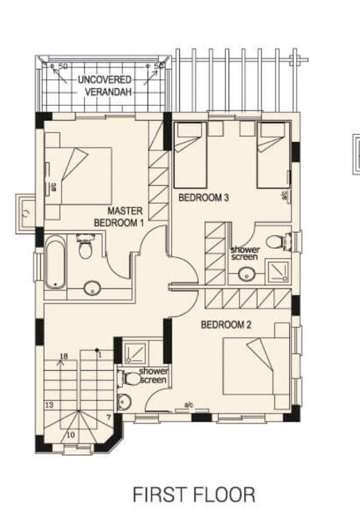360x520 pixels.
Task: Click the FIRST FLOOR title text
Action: point(194,494)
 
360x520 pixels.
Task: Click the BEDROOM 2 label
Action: point(226,325)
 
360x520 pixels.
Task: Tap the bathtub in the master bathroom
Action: point(55,262)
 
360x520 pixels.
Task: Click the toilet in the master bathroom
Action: point(85,248)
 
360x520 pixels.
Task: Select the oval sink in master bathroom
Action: point(93,289)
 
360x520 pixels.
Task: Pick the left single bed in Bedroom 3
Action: point(190,154)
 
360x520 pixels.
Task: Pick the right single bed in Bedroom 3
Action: point(273,154)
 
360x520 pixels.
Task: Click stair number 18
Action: point(63,356)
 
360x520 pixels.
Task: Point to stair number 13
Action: point(48,404)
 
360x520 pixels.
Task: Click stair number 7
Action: point(108,417)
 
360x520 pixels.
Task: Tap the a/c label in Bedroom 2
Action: point(188,405)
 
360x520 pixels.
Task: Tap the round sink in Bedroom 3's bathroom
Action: point(247,275)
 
